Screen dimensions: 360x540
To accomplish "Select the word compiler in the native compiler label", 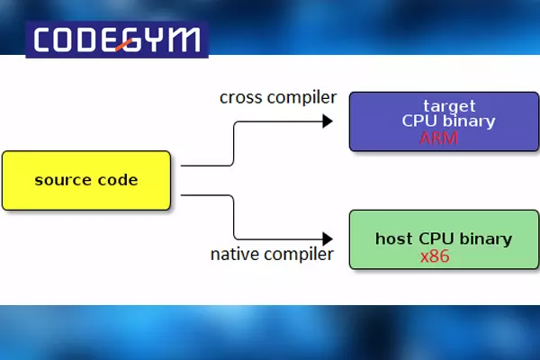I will [x=300, y=255].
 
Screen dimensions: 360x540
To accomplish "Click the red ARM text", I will [x=437, y=139].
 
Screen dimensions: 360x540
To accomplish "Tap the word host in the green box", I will [x=393, y=239].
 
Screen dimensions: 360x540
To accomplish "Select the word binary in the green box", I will [x=486, y=239].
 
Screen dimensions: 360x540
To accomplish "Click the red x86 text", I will [x=436, y=256].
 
